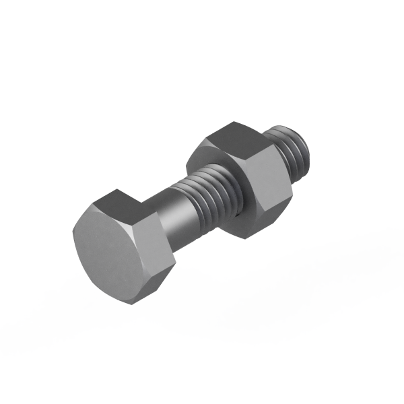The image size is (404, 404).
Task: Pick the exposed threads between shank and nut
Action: click(x=212, y=195)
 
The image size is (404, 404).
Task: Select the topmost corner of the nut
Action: click(x=233, y=122)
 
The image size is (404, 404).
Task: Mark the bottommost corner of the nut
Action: click(x=250, y=236)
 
